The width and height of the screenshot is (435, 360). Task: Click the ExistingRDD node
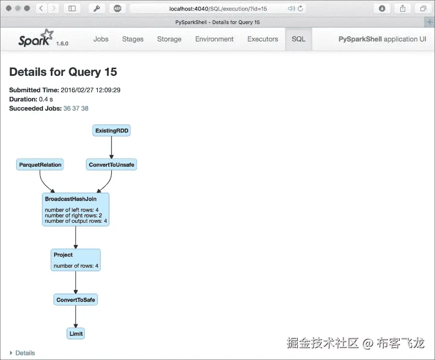112,130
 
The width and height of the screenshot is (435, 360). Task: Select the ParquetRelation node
40,165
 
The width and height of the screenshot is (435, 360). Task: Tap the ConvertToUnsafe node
112,165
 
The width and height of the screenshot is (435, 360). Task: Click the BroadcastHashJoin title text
71,199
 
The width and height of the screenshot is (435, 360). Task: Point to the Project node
76,259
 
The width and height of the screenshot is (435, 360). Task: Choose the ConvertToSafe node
76,300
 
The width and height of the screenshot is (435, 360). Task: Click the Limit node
76,333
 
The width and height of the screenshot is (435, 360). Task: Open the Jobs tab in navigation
101,39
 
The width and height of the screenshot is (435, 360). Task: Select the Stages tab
133,39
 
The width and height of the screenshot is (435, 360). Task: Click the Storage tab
169,39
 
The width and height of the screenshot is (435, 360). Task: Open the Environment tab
214,39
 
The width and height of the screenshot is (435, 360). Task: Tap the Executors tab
262,39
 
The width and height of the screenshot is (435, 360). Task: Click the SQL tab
299,39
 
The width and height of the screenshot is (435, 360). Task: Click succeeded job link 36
67,109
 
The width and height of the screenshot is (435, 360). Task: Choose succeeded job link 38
85,109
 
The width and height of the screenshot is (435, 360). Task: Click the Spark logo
35,39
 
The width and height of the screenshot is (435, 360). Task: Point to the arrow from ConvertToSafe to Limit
76,317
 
